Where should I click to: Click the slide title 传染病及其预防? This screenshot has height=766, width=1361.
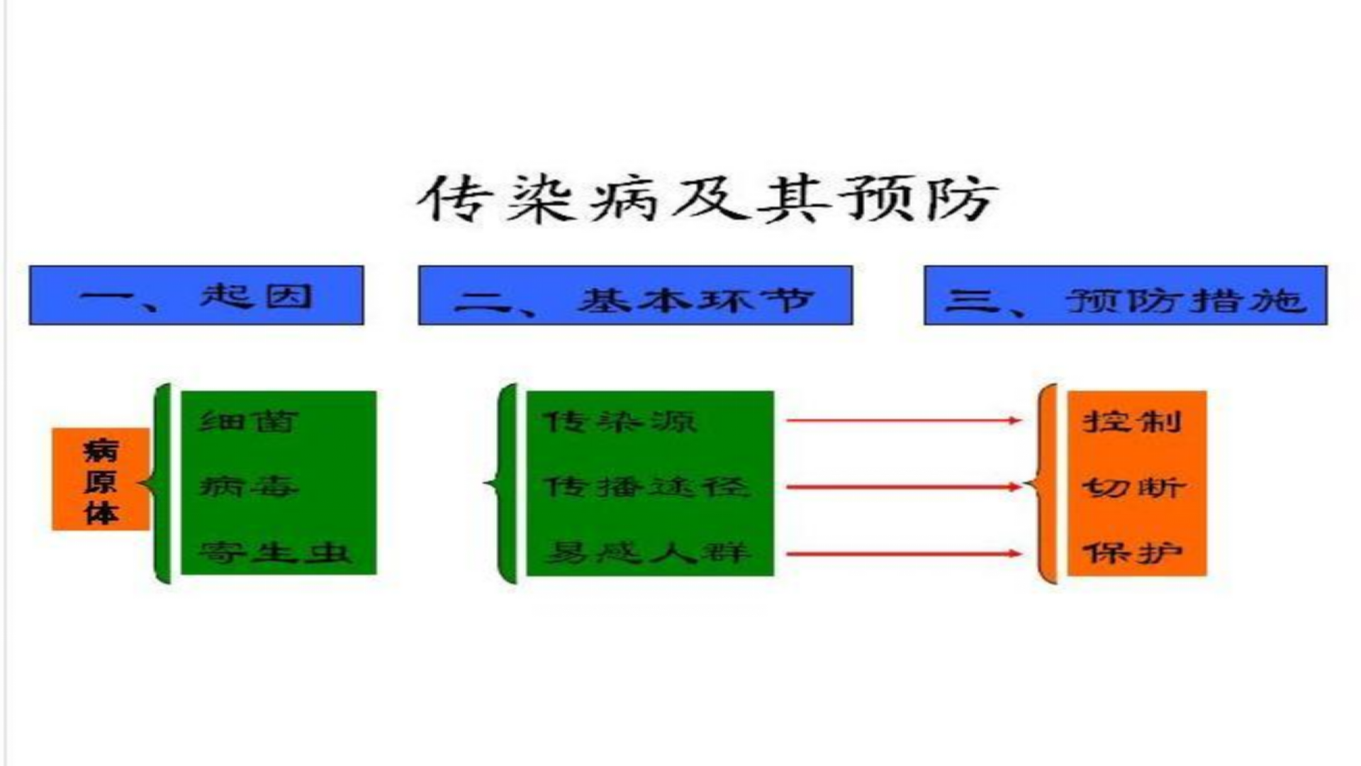point(707,199)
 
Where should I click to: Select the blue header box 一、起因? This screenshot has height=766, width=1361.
point(196,296)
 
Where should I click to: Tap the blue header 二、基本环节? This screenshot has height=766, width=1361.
point(635,296)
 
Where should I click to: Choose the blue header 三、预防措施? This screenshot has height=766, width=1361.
point(1125,296)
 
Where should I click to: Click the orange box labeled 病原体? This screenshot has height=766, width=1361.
point(101,479)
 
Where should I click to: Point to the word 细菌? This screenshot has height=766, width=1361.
point(248,421)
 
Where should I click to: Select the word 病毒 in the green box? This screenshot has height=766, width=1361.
point(248,487)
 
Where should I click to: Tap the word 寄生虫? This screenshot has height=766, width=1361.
point(275,552)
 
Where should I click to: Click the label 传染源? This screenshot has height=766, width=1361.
point(619,421)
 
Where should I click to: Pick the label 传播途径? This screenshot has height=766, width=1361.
point(646,487)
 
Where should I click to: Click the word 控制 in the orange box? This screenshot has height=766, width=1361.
point(1132,421)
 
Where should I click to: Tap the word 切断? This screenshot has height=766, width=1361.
point(1132,487)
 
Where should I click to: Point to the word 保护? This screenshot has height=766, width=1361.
point(1132,552)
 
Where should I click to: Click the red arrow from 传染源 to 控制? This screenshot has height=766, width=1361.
point(903,421)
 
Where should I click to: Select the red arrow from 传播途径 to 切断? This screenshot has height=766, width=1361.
point(903,487)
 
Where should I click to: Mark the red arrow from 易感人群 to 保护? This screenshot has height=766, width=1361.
point(903,553)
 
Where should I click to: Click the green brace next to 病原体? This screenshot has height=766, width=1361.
point(160,484)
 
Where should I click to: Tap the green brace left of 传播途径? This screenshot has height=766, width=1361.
point(505,484)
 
